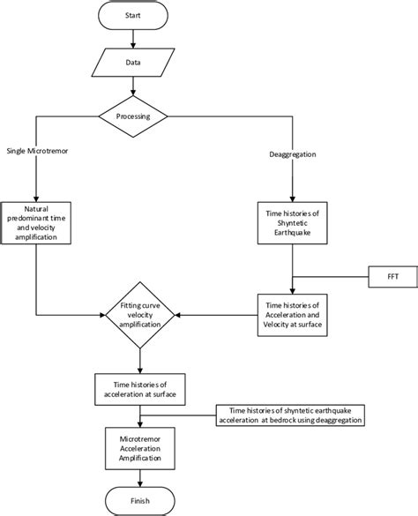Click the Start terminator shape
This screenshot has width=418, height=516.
pos(131,15)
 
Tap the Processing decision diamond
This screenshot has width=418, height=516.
pos(131,116)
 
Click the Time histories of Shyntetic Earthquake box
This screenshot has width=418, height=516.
pos(292,218)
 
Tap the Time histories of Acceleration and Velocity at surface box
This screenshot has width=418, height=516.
pos(292,312)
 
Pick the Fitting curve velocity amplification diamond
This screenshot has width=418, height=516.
pos(140,314)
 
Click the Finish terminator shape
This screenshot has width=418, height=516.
pos(141,500)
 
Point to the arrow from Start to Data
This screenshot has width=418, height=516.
pos(131,39)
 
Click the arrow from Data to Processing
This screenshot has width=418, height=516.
pos(131,88)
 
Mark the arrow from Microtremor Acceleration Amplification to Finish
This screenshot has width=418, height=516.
pos(141,475)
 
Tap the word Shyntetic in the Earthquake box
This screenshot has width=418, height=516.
pos(292,218)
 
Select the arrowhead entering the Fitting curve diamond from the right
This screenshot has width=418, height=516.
pos(179,314)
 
